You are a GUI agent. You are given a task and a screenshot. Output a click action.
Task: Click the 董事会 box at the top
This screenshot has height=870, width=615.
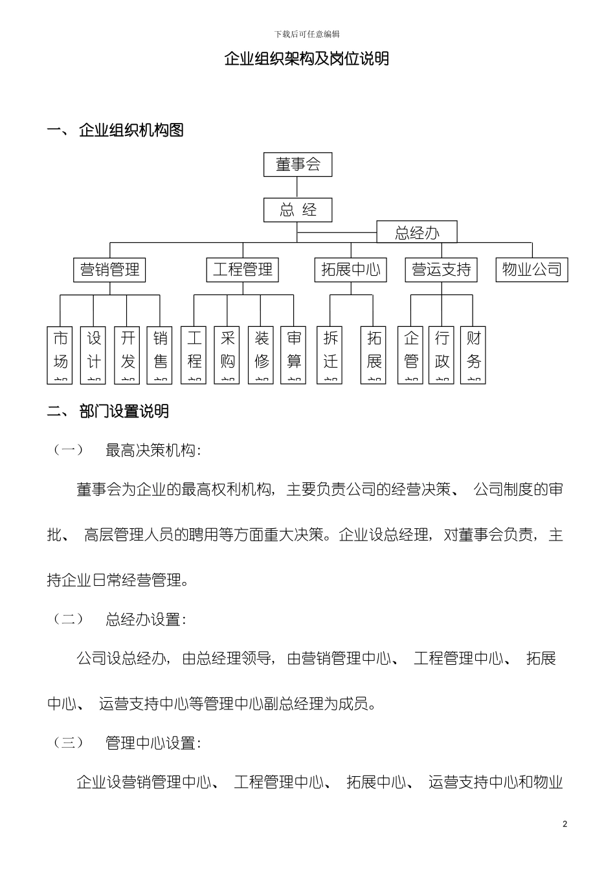(298, 164)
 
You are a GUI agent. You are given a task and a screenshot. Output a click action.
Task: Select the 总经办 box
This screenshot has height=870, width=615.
(417, 232)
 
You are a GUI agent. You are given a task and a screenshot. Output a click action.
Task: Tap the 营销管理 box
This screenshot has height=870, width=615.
(109, 269)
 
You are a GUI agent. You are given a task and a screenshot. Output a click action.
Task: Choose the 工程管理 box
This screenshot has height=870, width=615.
(243, 269)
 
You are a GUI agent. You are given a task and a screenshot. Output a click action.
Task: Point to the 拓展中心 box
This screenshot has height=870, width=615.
(351, 269)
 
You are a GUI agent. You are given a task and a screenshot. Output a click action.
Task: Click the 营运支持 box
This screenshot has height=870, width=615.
(442, 269)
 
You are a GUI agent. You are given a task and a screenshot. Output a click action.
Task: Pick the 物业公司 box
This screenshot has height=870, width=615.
(532, 269)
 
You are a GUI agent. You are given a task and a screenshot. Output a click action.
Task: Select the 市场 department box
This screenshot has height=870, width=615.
(60, 355)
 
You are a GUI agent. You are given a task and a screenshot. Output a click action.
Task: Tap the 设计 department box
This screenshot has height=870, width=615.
(94, 355)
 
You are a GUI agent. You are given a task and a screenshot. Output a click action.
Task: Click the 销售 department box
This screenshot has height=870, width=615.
(160, 355)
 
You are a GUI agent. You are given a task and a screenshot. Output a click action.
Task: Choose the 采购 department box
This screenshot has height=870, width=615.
(227, 355)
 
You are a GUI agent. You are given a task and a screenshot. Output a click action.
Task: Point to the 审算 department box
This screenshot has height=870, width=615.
(293, 355)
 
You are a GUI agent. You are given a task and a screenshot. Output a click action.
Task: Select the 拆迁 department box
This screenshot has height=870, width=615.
(330, 355)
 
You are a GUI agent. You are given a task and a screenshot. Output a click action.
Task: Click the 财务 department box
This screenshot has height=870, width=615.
(473, 355)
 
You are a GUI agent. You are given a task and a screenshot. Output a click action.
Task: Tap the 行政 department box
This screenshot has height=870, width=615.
(442, 355)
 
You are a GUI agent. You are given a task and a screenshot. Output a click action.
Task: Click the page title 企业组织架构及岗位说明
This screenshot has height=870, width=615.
(307, 59)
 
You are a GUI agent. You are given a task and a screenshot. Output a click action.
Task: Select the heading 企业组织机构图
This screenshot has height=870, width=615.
(131, 130)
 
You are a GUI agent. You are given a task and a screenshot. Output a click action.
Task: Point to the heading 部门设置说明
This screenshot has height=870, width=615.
(124, 412)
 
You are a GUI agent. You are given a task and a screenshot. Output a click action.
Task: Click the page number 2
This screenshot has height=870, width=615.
(565, 824)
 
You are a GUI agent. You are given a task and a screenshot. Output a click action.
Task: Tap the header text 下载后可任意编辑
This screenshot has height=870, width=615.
(307, 34)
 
